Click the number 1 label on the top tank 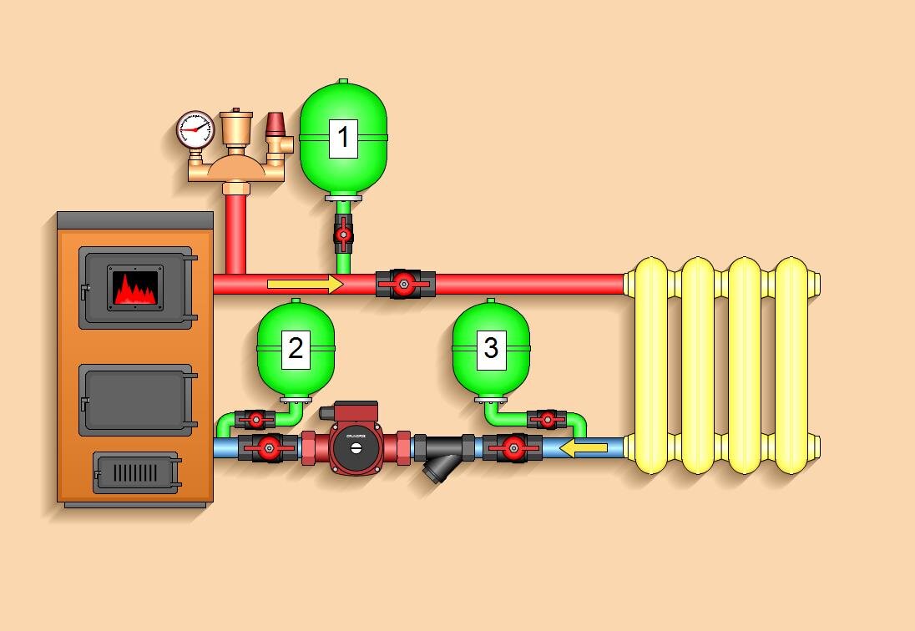(x=343, y=138)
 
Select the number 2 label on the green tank (x=295, y=349)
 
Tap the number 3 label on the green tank (x=491, y=347)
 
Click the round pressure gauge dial (x=196, y=129)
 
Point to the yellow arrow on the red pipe (x=305, y=285)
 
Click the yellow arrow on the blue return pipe (x=584, y=449)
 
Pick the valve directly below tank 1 (x=343, y=235)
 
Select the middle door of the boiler (x=136, y=401)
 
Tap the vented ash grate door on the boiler (x=135, y=472)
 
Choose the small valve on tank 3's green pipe (x=547, y=419)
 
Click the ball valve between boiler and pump (x=268, y=448)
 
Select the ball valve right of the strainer (x=513, y=448)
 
